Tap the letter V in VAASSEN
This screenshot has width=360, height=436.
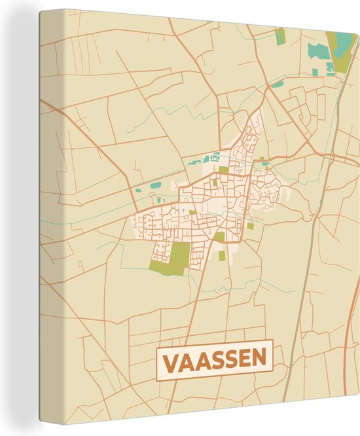(x=168, y=360)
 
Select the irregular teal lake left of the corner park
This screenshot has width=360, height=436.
(x=319, y=52)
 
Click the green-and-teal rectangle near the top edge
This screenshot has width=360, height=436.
(x=281, y=35)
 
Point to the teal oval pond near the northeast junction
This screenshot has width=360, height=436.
(x=278, y=84)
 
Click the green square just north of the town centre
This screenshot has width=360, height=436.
(x=223, y=170)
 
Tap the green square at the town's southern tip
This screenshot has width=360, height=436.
(x=220, y=236)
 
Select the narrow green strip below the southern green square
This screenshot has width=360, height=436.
(x=221, y=255)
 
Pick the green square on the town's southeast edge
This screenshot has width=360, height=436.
(x=250, y=226)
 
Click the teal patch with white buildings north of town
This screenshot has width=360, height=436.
(x=215, y=158)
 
